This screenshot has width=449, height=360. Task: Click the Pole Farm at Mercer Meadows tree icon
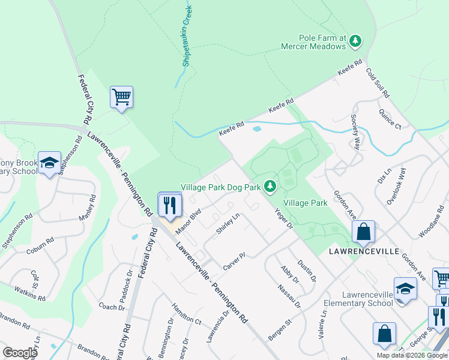[356, 41]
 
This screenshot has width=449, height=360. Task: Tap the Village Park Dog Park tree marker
[270, 187]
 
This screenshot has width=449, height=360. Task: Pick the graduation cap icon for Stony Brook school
[49, 162]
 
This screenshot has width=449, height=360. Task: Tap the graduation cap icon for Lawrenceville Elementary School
[405, 288]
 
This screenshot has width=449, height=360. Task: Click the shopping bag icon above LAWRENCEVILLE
[363, 231]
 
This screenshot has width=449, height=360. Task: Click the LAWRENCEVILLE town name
[364, 251]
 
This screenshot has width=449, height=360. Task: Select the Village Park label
[306, 203]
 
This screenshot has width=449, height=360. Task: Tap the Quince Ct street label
[390, 119]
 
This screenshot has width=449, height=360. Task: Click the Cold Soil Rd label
[378, 83]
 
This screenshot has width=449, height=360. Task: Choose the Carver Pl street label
[235, 260]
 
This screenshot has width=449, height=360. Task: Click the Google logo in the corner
[20, 353]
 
